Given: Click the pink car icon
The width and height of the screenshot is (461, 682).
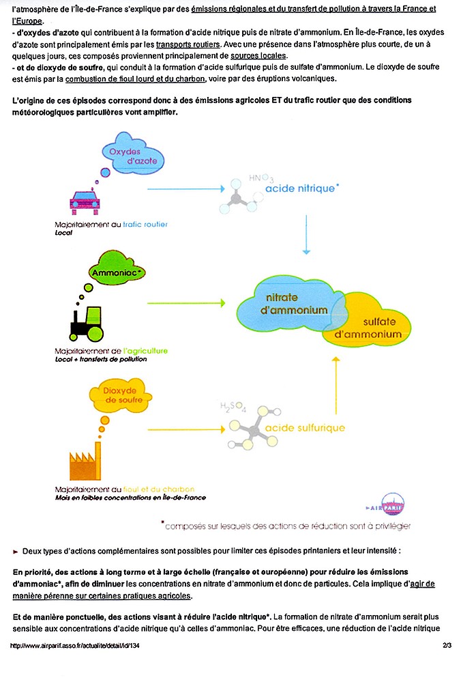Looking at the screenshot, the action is click(x=85, y=202).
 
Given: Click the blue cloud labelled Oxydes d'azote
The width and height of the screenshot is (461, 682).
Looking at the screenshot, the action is click(x=133, y=154).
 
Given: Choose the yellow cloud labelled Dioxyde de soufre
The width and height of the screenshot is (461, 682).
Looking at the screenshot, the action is click(x=120, y=395).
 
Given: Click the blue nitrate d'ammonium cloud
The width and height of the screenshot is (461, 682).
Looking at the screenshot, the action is click(x=291, y=304).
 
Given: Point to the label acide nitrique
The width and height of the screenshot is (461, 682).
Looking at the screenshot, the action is click(x=301, y=188).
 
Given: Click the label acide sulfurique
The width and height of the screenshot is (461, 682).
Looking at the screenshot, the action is click(x=305, y=428).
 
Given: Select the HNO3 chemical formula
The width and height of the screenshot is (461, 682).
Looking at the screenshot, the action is click(x=262, y=178).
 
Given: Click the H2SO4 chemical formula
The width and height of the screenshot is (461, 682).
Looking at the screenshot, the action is click(x=233, y=407).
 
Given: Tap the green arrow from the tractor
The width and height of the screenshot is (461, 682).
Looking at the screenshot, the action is click(x=186, y=302).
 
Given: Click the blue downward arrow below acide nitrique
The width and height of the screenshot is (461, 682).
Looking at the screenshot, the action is click(x=306, y=234).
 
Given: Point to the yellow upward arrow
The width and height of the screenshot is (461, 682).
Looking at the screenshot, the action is click(x=336, y=385).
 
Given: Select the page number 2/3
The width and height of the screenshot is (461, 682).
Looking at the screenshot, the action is click(x=447, y=645).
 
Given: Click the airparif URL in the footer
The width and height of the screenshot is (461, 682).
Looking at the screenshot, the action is click(x=75, y=645).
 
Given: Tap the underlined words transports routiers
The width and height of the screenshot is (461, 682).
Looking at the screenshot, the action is click(x=188, y=44).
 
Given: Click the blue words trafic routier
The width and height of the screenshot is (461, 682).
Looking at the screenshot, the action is click(x=145, y=225).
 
